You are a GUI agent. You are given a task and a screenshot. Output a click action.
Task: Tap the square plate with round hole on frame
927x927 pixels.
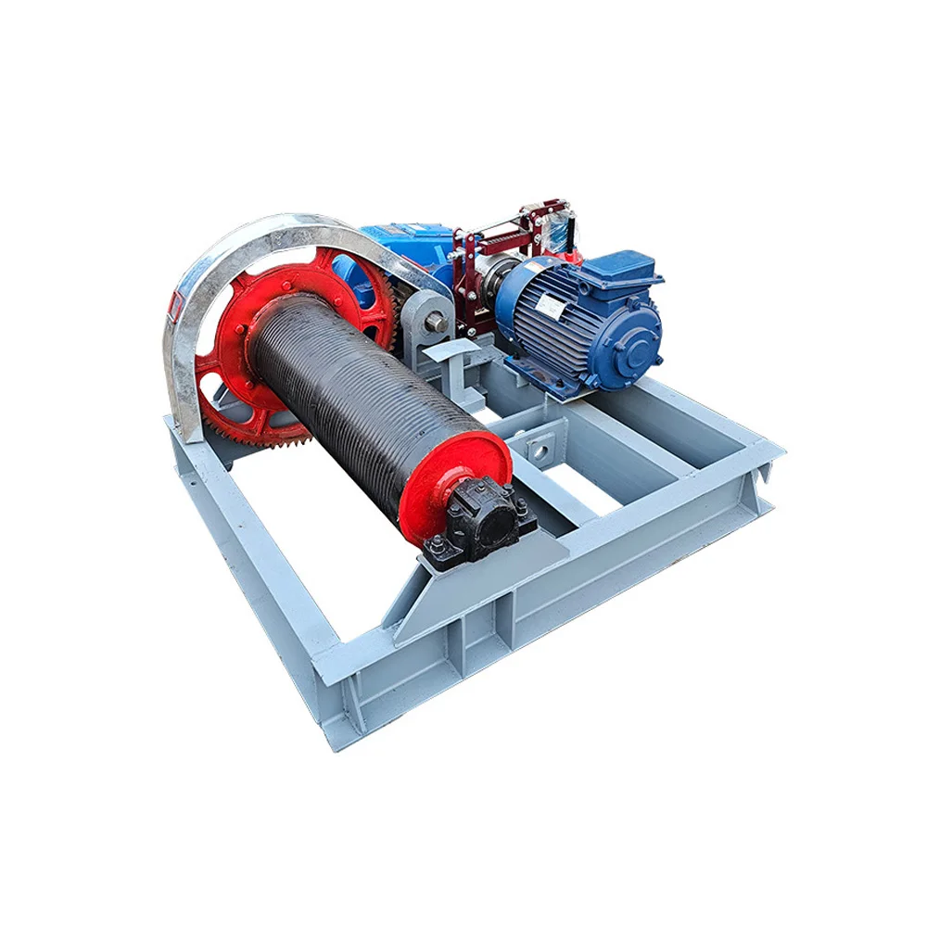[540, 449]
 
